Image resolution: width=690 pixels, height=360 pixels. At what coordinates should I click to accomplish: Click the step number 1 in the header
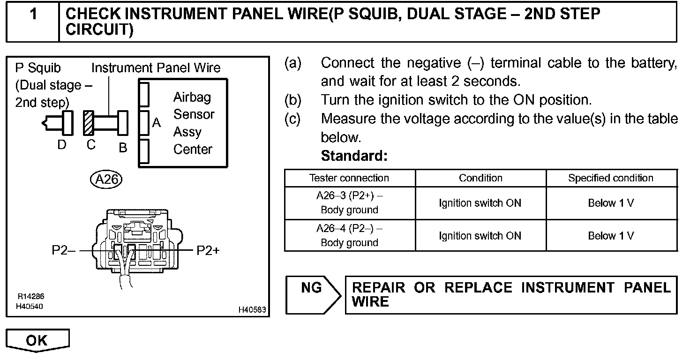point(33,15)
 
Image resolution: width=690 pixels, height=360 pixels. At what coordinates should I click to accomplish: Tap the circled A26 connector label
point(106,179)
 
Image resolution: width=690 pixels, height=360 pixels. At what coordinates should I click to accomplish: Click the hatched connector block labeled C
point(89,122)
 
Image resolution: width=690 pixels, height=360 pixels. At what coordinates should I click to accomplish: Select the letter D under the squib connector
point(62,145)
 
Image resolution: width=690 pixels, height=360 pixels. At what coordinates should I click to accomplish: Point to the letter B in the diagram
point(123,148)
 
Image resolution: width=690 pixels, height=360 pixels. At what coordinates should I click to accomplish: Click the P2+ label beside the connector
point(208,251)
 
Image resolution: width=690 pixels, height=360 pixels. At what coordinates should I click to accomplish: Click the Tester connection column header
point(349,178)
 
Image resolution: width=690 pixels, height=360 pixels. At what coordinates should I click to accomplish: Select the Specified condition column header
point(611,178)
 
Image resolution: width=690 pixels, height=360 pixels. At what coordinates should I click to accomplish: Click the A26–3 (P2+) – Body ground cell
point(349,203)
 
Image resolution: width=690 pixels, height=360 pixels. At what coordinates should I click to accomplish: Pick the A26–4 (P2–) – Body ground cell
point(349,235)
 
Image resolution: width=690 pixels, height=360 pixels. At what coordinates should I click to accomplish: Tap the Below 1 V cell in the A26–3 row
point(611,203)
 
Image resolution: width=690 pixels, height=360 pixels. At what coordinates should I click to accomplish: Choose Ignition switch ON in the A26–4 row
point(480,236)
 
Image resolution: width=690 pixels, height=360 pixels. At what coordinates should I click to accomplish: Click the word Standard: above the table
point(354,156)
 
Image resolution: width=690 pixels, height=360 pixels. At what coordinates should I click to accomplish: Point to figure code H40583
point(252,310)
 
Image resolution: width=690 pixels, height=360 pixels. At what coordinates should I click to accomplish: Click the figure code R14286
point(31,297)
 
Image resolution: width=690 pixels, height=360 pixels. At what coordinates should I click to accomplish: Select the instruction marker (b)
point(292,100)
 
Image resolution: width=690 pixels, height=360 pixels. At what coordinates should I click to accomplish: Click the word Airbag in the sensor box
point(192,97)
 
